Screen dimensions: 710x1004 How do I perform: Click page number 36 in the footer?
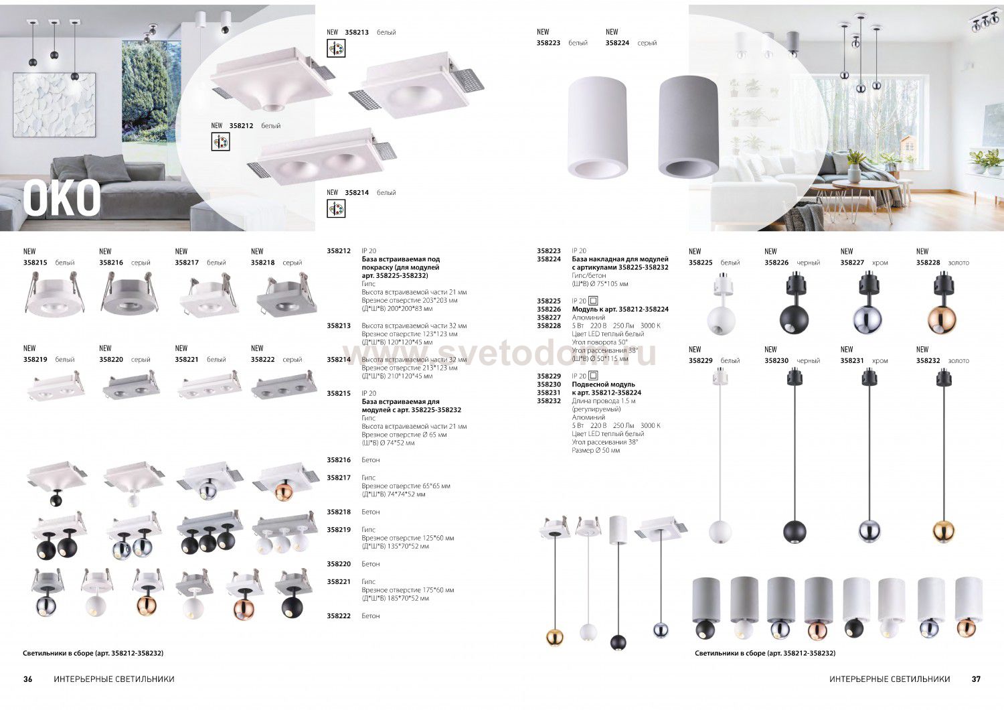[28, 679]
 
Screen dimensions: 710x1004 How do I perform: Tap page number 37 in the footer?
[976, 679]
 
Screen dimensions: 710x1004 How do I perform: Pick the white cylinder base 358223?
[595, 127]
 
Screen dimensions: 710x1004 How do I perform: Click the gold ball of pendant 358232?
[944, 531]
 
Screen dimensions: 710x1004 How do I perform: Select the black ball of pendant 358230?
[794, 531]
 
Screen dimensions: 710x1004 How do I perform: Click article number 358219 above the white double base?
[35, 360]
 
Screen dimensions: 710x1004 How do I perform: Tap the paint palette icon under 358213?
[336, 48]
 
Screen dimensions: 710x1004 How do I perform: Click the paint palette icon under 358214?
[336, 209]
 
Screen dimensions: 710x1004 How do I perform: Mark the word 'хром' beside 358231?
[880, 361]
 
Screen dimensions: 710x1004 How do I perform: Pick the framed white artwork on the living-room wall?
[54, 107]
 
